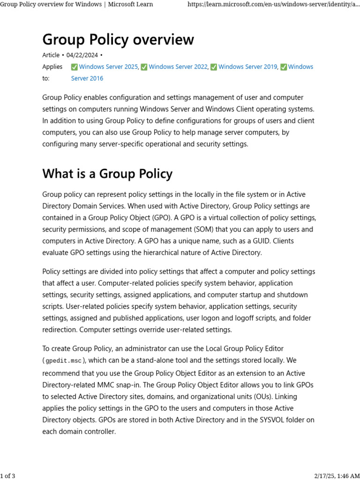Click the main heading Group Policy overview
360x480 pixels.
coord(118,39)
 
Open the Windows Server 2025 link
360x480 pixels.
coord(108,67)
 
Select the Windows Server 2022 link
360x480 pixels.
coord(178,67)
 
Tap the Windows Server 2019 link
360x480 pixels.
coord(247,67)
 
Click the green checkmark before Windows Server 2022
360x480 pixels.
coord(144,67)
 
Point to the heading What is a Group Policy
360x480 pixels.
coord(107,174)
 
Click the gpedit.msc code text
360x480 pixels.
coord(63,361)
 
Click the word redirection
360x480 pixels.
coord(60,330)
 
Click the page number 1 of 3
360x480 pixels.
coord(8,476)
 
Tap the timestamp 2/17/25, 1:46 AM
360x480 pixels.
coord(333,476)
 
